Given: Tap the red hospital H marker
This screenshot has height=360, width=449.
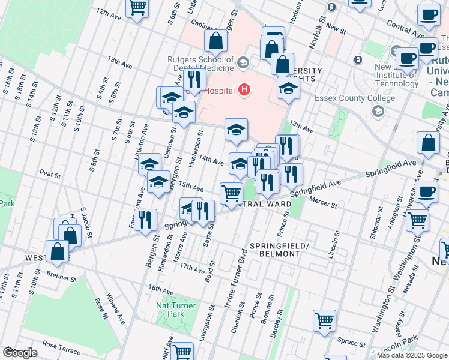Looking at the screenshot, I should point(244,90).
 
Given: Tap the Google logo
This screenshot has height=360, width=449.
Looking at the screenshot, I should point(20,352).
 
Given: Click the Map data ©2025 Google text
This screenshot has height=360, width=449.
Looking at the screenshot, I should point(411,355).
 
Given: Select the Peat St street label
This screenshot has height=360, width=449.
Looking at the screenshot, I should point(51,173).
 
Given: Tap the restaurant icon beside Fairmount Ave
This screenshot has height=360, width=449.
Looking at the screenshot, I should point(145,220).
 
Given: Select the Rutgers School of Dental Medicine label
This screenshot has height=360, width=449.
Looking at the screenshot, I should point(200,64).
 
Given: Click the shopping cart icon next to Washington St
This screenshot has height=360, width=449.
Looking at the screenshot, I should point(417,220).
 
